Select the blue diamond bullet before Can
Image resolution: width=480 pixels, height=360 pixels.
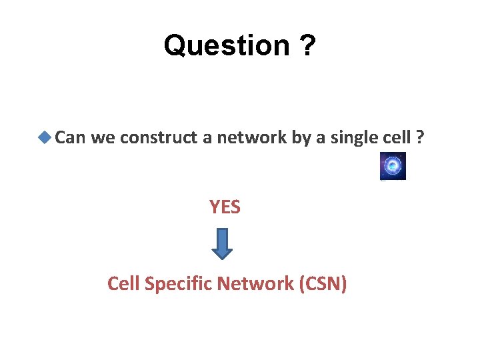(45, 138)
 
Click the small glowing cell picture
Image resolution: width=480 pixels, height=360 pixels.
(393, 166)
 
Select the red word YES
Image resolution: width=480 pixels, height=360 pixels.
(225, 208)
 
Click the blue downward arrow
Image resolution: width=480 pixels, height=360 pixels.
(222, 243)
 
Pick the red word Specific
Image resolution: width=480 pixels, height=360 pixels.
(177, 284)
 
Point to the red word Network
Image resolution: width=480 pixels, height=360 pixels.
(258, 284)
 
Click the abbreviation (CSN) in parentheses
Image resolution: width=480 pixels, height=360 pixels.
(323, 284)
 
